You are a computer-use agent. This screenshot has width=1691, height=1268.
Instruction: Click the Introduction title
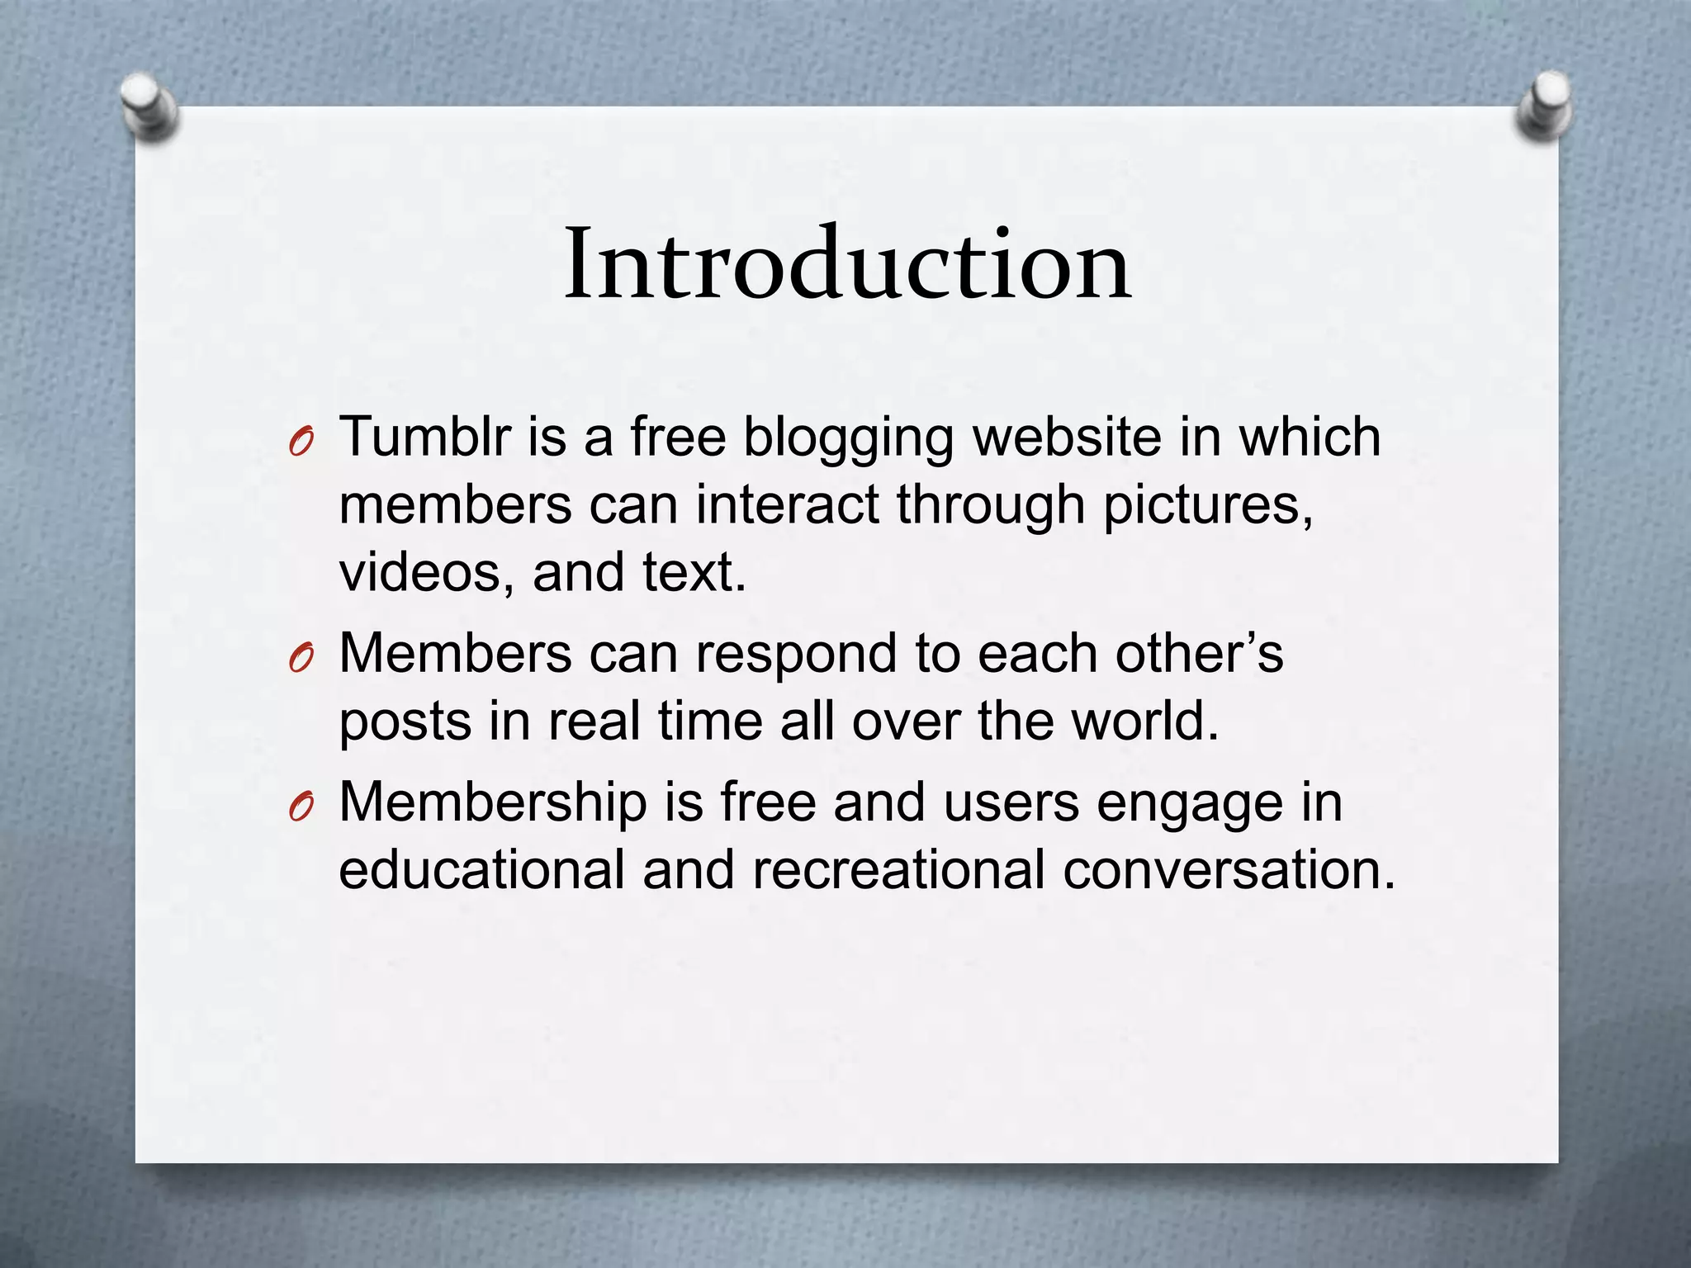(847, 265)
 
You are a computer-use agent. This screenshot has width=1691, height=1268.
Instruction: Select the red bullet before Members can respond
(301, 660)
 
